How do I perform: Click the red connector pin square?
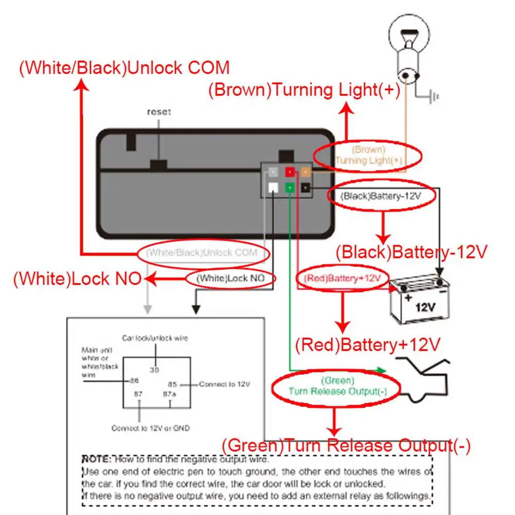[290, 173]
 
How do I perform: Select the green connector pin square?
[290, 187]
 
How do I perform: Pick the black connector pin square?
[305, 187]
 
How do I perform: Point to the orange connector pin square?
[305, 173]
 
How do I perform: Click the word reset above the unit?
[159, 112]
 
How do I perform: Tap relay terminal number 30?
[154, 370]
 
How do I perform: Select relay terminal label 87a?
[169, 394]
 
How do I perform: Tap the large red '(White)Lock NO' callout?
[77, 279]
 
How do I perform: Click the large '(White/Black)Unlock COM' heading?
[124, 68]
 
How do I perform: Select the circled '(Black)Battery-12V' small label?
[381, 196]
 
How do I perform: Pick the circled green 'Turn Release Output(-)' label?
[337, 386]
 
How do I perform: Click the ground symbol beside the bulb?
[434, 96]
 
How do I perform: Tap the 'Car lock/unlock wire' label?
[154, 338]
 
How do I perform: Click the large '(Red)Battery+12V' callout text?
[368, 344]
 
